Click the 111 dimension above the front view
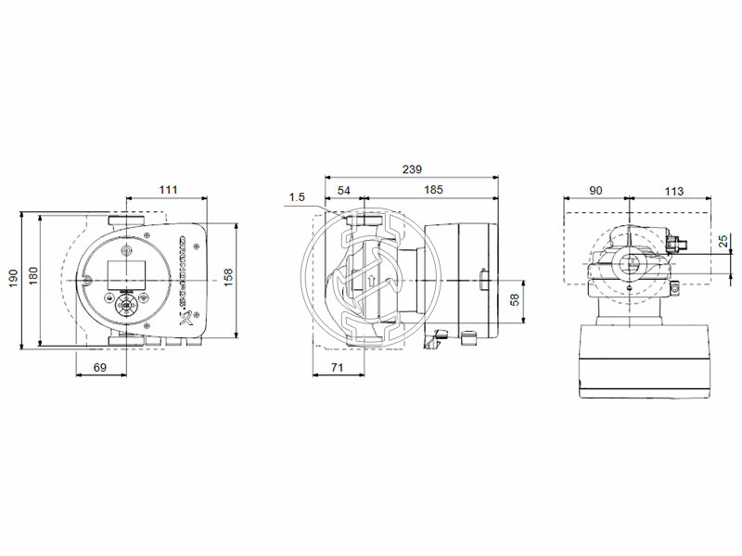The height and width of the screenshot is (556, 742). [x=167, y=190]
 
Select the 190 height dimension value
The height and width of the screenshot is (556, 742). [x=13, y=278]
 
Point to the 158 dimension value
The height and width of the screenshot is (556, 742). [x=228, y=276]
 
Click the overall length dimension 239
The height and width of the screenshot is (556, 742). [x=412, y=170]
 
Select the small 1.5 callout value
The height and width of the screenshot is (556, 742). [x=297, y=196]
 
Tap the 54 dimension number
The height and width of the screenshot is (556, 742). [x=344, y=190]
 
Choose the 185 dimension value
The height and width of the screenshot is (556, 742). [x=432, y=190]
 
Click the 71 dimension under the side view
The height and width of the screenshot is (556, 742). [x=338, y=369]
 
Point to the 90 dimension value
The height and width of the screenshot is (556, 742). [x=596, y=190]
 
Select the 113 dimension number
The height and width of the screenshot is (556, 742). [x=674, y=190]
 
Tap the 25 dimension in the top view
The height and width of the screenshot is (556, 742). [x=723, y=241]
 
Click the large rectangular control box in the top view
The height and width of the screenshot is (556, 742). [x=645, y=361]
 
